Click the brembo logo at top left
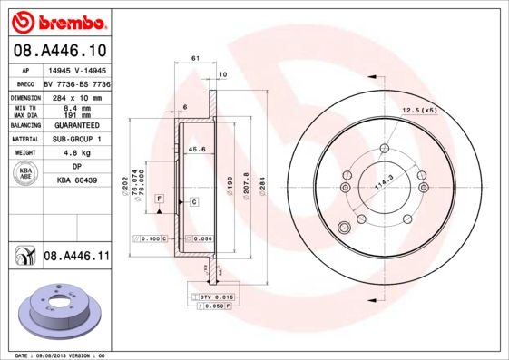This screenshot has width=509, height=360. [60, 20]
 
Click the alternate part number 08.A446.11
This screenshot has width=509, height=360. [76, 257]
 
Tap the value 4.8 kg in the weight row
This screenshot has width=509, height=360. [77, 152]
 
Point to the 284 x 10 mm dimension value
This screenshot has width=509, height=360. [77, 96]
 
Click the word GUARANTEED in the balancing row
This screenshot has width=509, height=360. [77, 125]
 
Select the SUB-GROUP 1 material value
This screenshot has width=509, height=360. [77, 139]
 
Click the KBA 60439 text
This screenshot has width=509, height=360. [77, 180]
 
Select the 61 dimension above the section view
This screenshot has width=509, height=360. [195, 58]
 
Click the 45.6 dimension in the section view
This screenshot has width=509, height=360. [195, 149]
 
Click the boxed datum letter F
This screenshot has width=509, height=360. [160, 198]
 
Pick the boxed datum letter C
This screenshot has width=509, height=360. [194, 202]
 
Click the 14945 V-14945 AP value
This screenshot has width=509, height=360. [77, 69]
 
